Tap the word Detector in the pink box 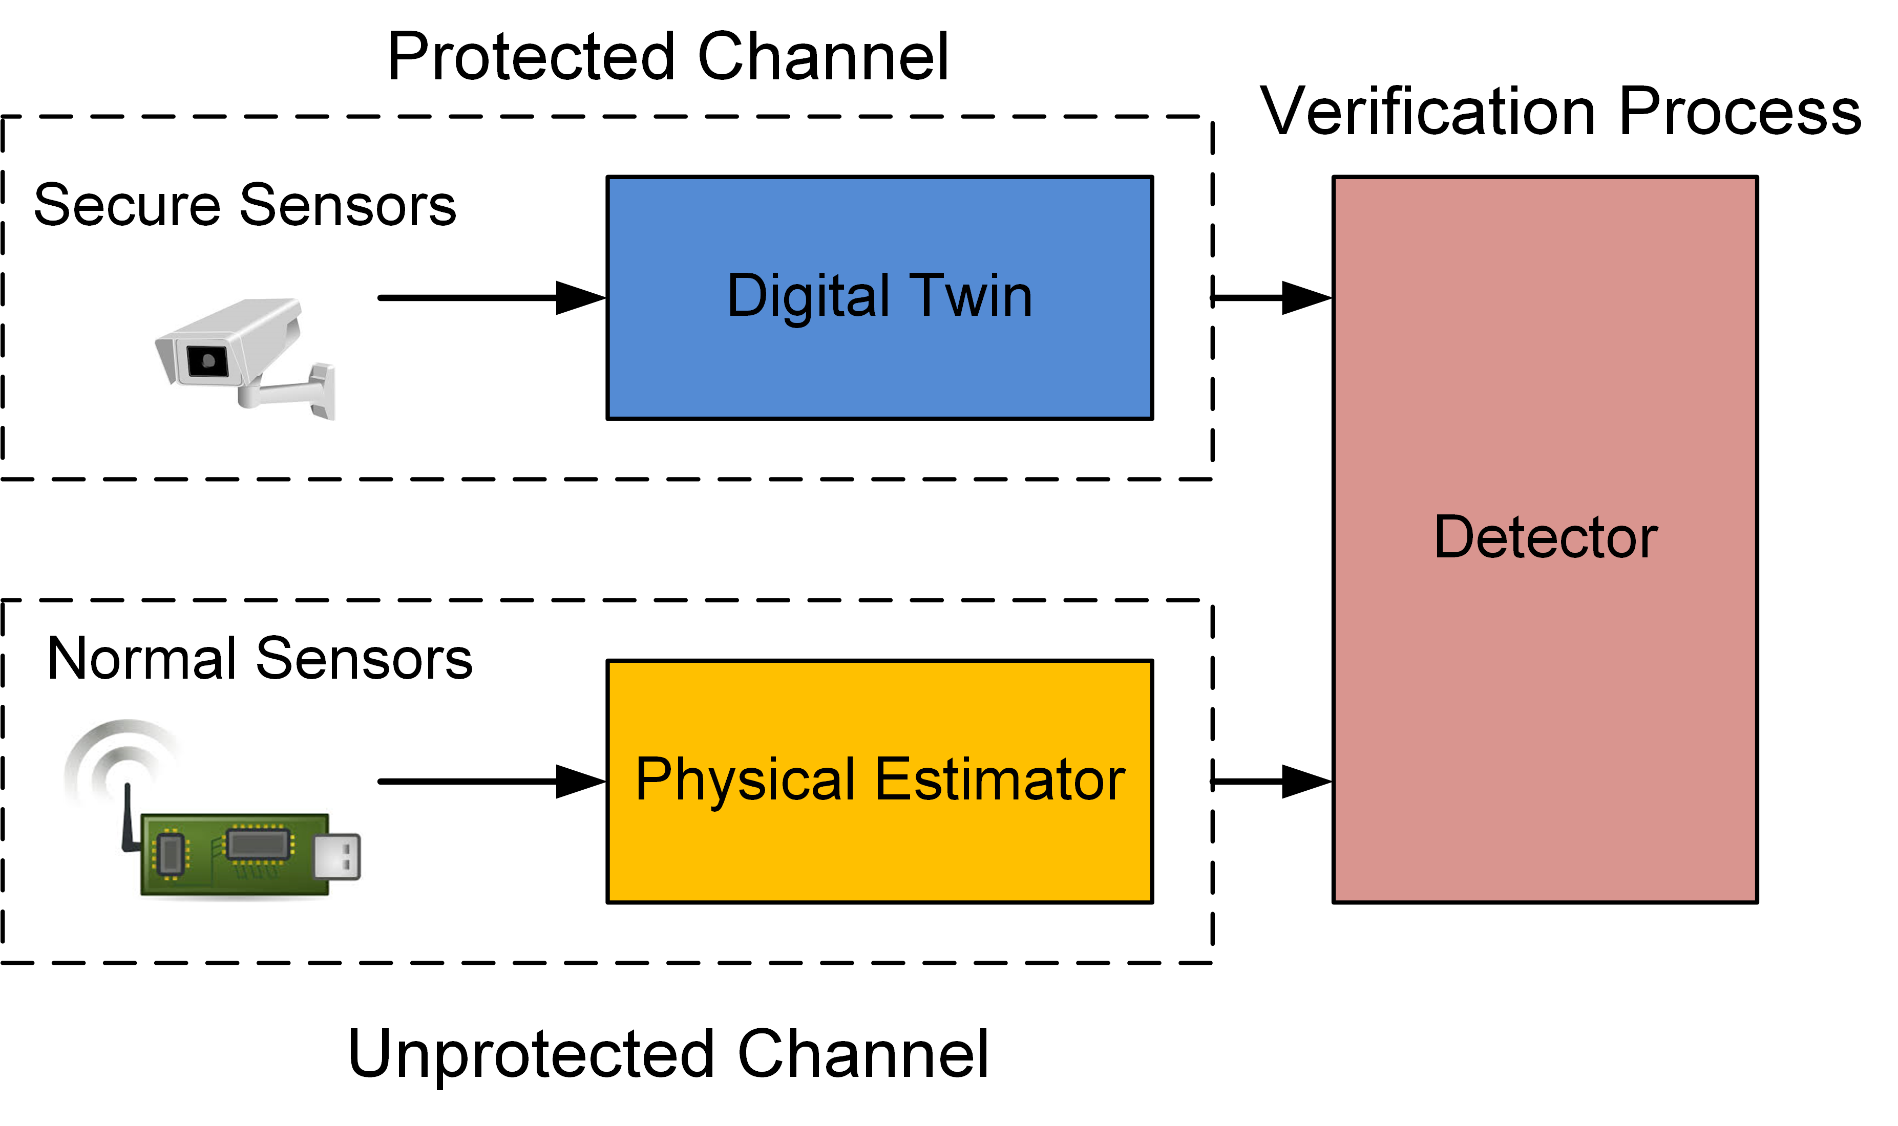(1545, 537)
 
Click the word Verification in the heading (1427, 112)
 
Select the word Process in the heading (1740, 112)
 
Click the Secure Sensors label (244, 205)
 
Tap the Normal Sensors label (260, 658)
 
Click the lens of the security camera (207, 360)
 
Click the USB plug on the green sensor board (337, 857)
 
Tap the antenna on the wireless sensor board (128, 819)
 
